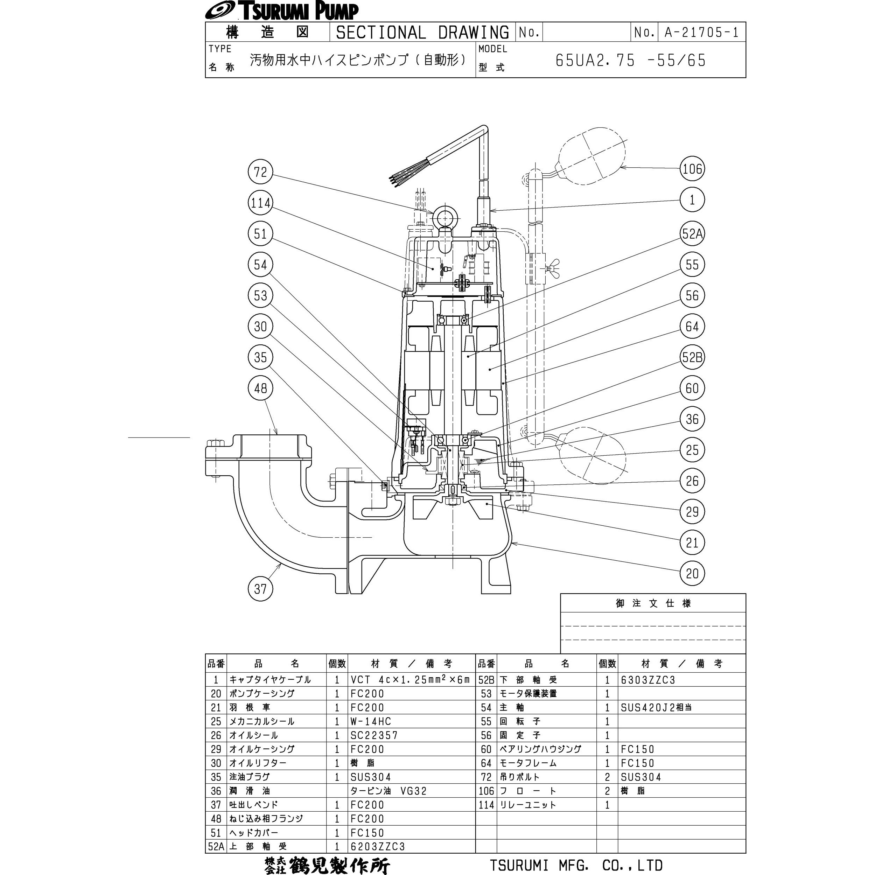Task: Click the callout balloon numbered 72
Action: (260, 172)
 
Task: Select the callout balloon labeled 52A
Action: (692, 234)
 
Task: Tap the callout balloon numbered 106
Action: (692, 169)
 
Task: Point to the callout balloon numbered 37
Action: (260, 589)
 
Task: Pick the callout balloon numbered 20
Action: (692, 573)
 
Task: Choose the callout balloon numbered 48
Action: (260, 388)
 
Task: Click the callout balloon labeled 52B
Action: (692, 357)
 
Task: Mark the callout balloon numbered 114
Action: (260, 203)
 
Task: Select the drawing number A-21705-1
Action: (701, 32)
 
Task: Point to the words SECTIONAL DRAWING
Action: (422, 32)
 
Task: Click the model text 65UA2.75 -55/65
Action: (630, 60)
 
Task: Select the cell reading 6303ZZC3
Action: (648, 680)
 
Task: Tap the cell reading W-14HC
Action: (370, 721)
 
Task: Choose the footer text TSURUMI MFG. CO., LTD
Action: (576, 865)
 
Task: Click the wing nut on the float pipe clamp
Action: (553, 263)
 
